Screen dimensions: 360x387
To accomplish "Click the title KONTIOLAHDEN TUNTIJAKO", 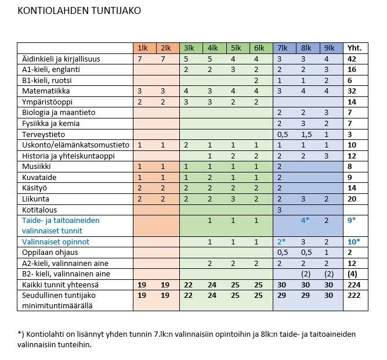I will [x=79, y=10].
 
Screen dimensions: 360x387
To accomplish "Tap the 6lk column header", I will [x=258, y=48].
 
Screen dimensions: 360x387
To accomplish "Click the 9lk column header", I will [x=328, y=48].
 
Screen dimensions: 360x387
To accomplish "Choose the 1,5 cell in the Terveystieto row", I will [x=305, y=134].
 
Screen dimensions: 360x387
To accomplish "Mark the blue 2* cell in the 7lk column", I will [x=282, y=241].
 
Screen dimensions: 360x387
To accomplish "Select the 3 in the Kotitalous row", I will [x=280, y=209].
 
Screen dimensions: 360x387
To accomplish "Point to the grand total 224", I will [x=353, y=285].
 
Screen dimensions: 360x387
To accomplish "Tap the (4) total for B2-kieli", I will [x=353, y=273].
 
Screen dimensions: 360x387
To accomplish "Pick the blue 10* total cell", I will [x=353, y=241].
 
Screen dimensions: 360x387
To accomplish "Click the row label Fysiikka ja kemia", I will [x=50, y=123].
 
